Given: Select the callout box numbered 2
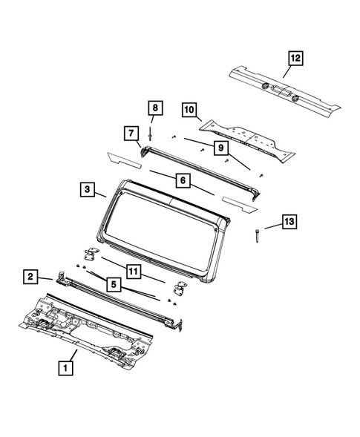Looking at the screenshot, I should coord(30,277).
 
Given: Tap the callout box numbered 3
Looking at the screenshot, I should coord(88,191).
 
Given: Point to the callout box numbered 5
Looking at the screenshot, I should coord(114,283).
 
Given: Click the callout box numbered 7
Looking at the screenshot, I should coord(130,134).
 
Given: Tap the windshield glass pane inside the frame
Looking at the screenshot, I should coord(160,223).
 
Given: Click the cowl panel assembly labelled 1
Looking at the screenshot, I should coord(82,326).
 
